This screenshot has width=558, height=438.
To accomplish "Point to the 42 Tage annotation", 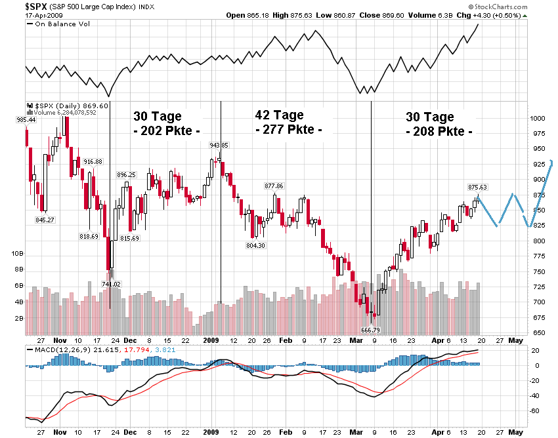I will coord(279,115).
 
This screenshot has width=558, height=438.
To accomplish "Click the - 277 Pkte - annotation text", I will coord(288,130).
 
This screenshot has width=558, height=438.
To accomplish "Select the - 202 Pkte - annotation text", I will coord(167,130).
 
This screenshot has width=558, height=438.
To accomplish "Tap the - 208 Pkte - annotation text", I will coord(439,131).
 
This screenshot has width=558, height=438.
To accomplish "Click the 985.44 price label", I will coord(26,119).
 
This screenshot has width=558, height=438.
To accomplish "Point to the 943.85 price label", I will coord(219,145).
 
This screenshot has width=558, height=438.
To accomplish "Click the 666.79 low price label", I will coord(371,330).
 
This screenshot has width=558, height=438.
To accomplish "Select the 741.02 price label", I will coord(112,284).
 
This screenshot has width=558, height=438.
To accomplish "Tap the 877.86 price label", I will coord(273,186).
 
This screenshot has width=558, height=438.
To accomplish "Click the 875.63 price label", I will coord(477,187).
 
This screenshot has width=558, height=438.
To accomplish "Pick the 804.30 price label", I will coord(255,245).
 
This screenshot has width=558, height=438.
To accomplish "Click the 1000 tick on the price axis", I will coord(537,119).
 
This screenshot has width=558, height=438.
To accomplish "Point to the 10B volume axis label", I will coord(17,253).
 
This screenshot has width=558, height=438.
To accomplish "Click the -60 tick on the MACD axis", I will coord(535,410).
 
